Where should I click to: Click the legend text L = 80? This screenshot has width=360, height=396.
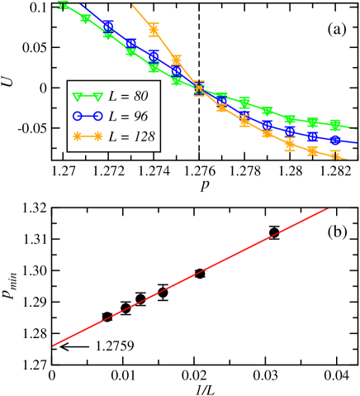coord(128,96)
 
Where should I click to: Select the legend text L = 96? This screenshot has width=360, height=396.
coord(128,116)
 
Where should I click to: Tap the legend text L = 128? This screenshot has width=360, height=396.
coord(131,136)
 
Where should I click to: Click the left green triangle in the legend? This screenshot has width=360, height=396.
coord(76,96)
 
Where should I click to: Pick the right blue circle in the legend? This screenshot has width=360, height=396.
coord(98,116)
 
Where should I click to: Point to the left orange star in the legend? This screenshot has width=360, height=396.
coord(76,136)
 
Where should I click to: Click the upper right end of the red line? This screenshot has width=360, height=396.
coord(329,209)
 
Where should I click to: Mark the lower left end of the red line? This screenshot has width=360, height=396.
coord(54,345)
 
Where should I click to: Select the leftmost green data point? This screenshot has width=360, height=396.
coord(63,6)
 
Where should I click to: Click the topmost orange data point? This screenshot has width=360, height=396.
coord(154,31)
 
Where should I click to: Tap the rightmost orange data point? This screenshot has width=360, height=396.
coord(335,155)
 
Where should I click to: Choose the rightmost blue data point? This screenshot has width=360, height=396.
coord(335,141)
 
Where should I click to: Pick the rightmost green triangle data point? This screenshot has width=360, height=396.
coord(335,124)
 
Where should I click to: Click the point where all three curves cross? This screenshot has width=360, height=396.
coord(199,88)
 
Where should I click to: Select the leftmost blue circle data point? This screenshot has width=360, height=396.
coord(108,26)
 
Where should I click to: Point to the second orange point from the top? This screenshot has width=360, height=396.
coord(176,60)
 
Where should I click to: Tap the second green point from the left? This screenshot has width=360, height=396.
coord(86,19)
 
